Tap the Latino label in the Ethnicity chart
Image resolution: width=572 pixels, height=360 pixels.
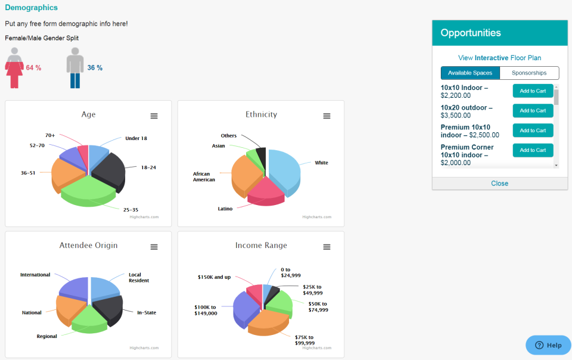[225, 209]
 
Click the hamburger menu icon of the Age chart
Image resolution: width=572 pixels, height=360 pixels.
[154, 116]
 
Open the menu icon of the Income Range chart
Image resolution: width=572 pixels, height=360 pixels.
[327, 247]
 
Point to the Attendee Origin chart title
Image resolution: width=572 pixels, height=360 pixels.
[88, 246]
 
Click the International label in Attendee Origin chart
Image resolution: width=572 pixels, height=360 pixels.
[35, 275]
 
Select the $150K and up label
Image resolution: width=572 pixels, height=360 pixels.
[214, 277]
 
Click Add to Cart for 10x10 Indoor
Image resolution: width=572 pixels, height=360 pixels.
[533, 91]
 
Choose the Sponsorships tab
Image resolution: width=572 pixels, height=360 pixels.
[529, 73]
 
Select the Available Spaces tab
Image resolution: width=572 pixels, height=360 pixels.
[470, 73]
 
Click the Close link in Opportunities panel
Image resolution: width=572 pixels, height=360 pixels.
[499, 184]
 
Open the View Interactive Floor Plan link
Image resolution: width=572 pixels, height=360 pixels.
[499, 58]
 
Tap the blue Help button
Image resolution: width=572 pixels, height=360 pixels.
[548, 345]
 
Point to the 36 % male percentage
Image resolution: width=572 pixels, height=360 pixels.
[95, 68]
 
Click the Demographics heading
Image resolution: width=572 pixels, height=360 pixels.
[31, 8]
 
